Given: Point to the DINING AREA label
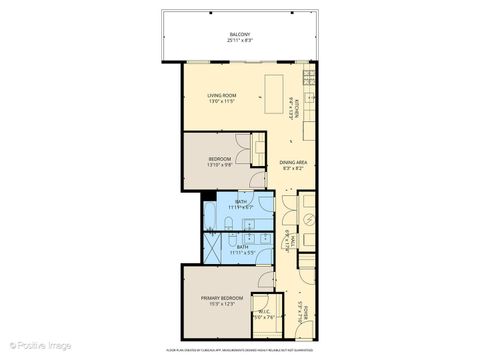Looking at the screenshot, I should [x=294, y=162].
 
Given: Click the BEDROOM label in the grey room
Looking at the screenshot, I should [x=219, y=158].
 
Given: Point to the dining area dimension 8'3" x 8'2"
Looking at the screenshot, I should [x=294, y=169].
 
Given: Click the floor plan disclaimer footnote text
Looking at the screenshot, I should [x=240, y=349].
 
